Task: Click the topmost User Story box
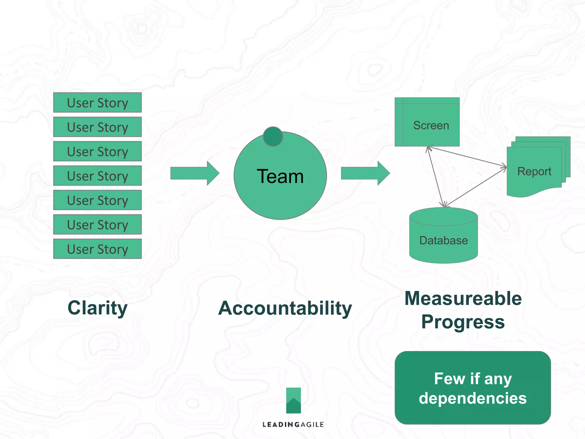click(x=97, y=103)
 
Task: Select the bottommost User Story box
click(x=97, y=249)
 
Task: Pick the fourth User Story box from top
click(x=97, y=176)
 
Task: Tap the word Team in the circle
click(x=280, y=176)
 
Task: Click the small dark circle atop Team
click(x=273, y=137)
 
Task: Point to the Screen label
click(x=431, y=125)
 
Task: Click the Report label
click(x=534, y=171)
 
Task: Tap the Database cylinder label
click(x=443, y=241)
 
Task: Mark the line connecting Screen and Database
click(x=435, y=177)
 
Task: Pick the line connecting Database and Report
click(x=476, y=187)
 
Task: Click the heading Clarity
click(x=97, y=308)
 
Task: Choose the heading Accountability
click(x=285, y=308)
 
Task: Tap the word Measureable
click(x=463, y=299)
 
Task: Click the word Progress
click(x=463, y=322)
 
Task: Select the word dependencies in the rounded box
click(x=472, y=398)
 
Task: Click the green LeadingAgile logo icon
click(x=293, y=400)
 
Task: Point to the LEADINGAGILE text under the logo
click(x=293, y=424)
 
